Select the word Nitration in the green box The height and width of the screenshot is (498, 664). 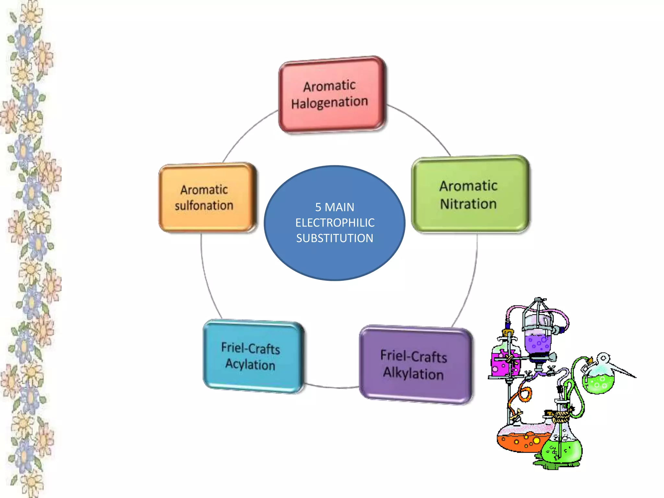point(468,204)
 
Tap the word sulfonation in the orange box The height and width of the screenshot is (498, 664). point(204,206)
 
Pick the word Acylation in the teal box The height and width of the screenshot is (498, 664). point(250,364)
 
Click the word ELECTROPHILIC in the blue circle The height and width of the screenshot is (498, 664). point(335,223)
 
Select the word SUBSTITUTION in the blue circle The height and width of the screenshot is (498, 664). point(335,238)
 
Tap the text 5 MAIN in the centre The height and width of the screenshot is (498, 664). point(335,207)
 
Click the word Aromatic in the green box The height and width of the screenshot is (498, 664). point(468,186)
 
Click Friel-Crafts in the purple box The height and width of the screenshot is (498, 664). point(414,356)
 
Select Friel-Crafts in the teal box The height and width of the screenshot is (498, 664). point(251,348)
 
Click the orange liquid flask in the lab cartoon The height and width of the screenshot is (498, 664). point(519,439)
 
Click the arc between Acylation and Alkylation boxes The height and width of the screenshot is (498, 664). point(332,387)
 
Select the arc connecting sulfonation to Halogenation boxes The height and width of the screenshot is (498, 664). point(246,133)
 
